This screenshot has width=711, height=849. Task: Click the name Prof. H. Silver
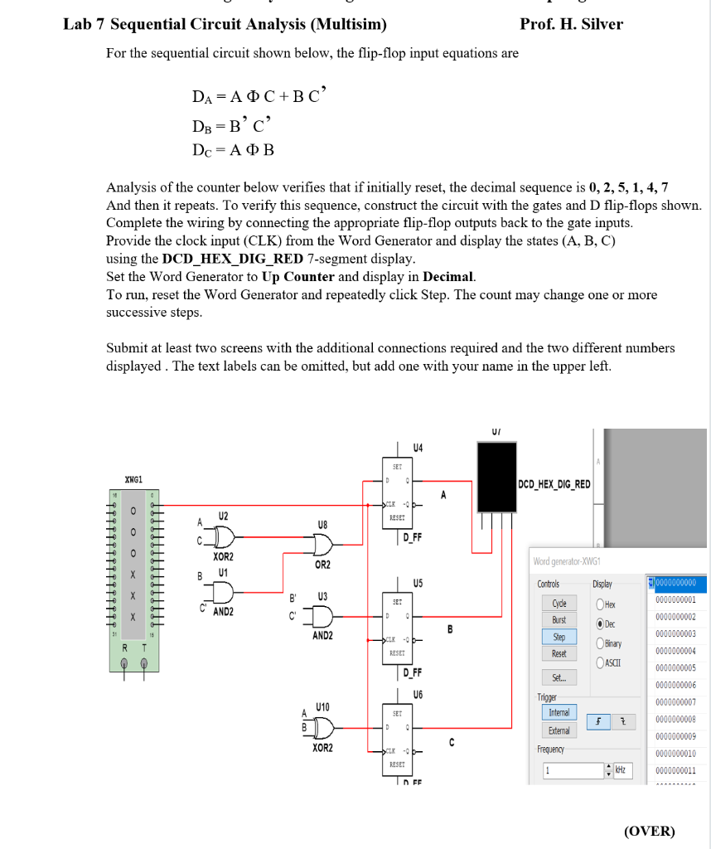coord(571,24)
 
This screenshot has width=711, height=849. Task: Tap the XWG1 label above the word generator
coord(133,480)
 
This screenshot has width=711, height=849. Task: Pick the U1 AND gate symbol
coord(222,593)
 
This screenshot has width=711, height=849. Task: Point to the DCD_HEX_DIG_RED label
coord(554,483)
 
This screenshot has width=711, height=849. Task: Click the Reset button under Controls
coord(559,653)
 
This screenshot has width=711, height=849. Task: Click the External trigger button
coord(559,730)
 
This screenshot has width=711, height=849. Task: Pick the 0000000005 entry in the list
coord(675,667)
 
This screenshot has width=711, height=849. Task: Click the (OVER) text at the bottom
coord(650,830)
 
